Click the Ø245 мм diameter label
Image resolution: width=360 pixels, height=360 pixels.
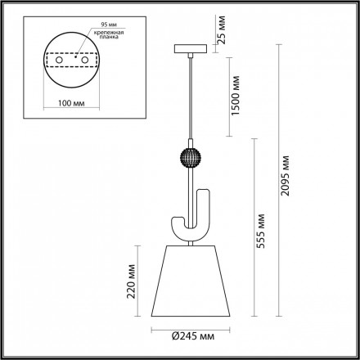tap(187, 336)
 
